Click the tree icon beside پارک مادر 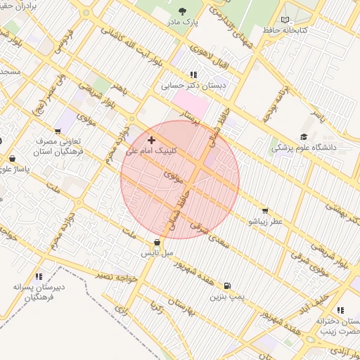pos(183,11)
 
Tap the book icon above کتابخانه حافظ pos(284,20)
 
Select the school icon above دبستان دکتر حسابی pos(193,74)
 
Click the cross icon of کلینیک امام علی pos(151,141)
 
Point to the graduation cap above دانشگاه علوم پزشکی pos(304,137)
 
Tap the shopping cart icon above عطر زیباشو pos(265,210)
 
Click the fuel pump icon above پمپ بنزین pos(226,286)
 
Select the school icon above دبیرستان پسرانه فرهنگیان pos(39,276)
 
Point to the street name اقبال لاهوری pos(202,60)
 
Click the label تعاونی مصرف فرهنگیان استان pos(58,146)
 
